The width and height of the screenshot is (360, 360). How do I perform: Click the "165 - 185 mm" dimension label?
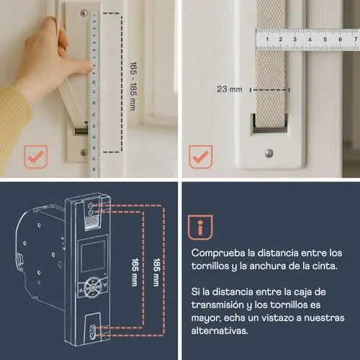133,86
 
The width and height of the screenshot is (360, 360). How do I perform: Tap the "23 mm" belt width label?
230,89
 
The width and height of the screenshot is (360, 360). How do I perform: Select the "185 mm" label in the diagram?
156,272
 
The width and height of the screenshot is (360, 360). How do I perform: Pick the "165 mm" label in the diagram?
135,272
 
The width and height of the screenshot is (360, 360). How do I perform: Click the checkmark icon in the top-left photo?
35,157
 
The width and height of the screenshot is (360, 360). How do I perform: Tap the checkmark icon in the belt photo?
200,157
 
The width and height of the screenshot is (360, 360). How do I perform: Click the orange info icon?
200,228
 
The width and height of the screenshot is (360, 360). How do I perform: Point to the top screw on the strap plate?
84,13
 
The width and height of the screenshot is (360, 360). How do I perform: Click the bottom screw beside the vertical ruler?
84,152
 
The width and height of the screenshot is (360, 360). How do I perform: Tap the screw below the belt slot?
269,153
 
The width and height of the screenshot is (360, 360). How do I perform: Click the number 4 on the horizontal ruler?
310,40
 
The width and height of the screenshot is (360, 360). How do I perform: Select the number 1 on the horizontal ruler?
267,39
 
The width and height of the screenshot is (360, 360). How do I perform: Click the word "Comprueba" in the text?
218,253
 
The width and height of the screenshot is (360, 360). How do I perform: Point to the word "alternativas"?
220,330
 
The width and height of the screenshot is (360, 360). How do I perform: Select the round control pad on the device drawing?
93,287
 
